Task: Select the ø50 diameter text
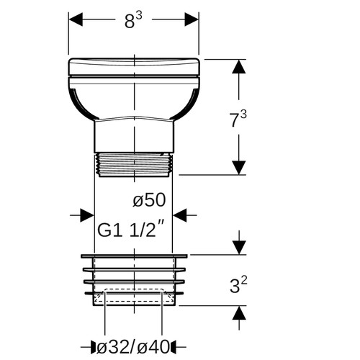coord(149,200)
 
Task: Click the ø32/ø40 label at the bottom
coord(133,347)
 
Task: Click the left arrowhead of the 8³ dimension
coord(76,19)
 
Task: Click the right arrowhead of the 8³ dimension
coord(192,19)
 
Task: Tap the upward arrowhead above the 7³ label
coord(239,66)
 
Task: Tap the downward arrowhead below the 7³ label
coord(239,168)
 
